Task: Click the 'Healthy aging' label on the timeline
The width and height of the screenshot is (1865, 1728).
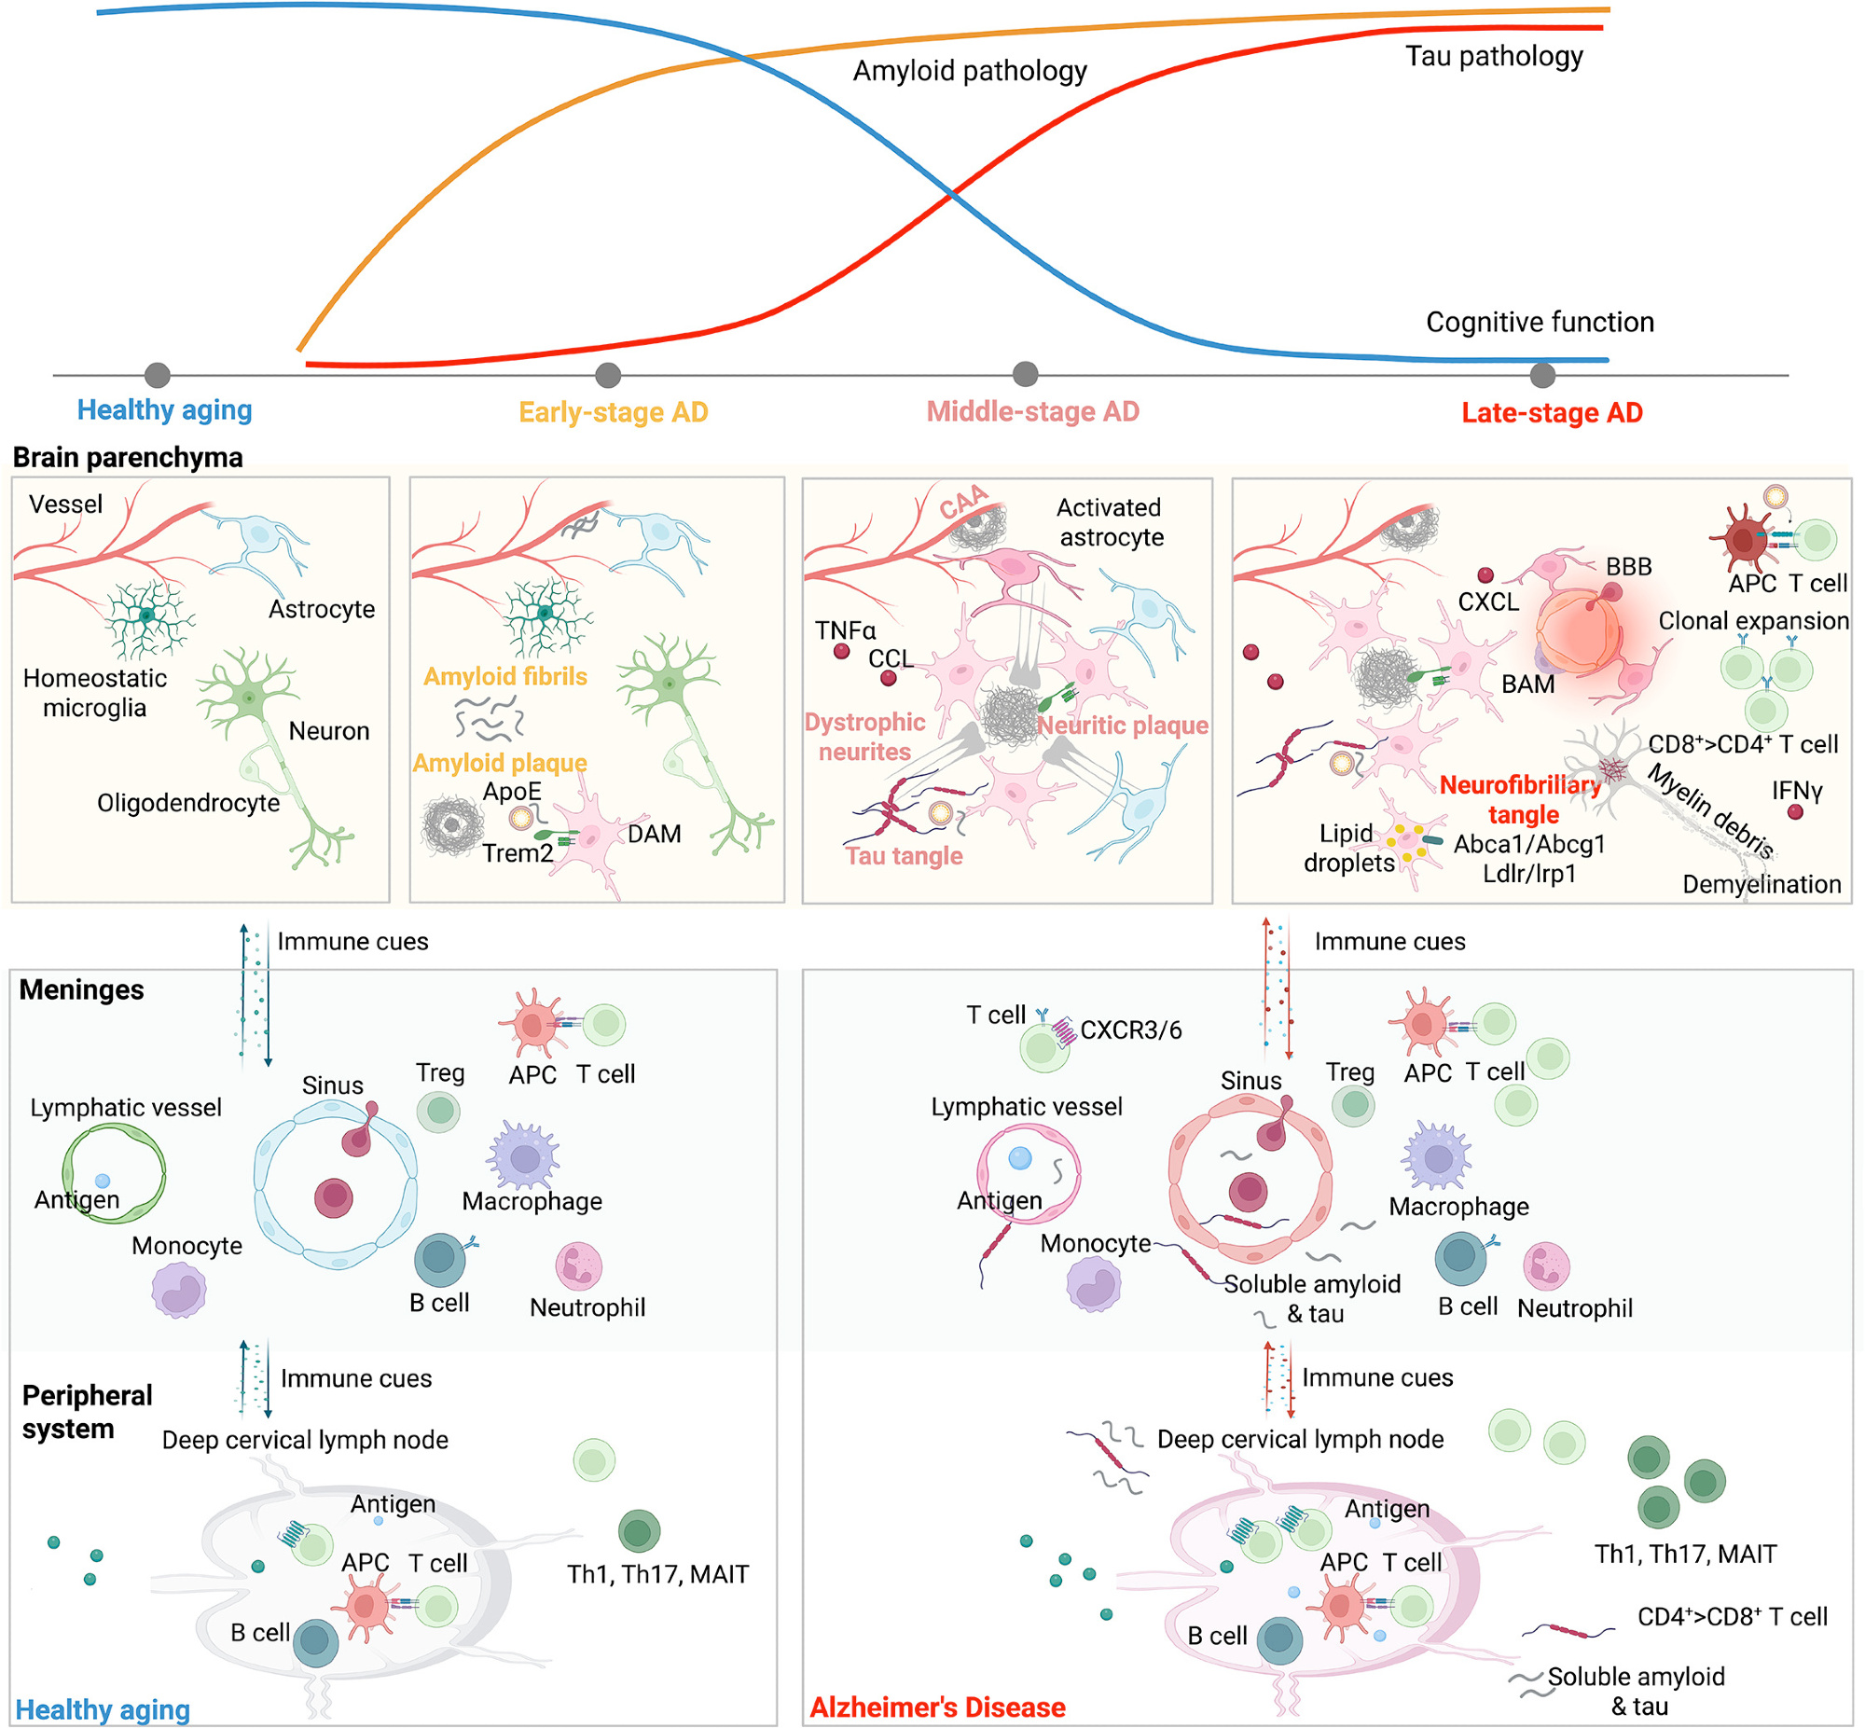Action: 164,409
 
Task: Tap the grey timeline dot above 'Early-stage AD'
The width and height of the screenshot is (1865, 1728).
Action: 608,376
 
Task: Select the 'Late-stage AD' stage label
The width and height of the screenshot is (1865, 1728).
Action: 1552,412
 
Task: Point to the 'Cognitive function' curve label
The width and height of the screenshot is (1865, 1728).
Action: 1540,323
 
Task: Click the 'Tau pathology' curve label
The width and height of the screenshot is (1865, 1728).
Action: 1494,56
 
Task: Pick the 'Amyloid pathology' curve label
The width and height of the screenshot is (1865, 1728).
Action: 970,71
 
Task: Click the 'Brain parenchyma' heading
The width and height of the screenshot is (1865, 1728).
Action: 127,457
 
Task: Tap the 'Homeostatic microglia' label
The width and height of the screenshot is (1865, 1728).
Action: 94,693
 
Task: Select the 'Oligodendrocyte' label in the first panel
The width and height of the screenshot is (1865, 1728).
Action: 188,802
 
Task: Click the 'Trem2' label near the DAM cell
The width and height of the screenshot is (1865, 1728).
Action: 517,852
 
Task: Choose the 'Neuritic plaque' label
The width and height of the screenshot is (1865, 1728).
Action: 1122,725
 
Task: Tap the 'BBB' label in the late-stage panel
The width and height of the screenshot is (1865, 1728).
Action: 1628,567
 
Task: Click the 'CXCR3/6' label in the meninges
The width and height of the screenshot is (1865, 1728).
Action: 1130,1030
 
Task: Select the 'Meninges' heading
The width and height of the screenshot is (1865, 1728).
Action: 81,989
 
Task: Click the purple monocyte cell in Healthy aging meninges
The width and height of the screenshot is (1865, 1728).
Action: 178,1291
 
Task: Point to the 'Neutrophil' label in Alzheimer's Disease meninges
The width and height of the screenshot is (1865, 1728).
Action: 1574,1308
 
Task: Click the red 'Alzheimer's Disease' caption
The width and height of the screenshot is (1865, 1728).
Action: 937,1707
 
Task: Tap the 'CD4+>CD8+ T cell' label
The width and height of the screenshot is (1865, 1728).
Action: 1732,1617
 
